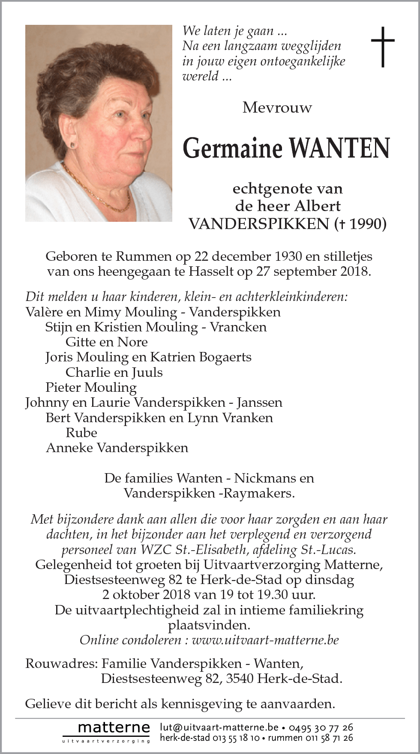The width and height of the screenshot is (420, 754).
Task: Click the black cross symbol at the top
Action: click(382, 47)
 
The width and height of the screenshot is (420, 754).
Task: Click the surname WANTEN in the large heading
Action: click(339, 148)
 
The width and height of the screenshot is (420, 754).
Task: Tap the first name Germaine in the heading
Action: click(233, 148)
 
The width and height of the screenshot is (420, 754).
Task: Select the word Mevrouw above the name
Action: click(277, 107)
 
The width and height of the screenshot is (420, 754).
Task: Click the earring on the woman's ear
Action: click(73, 145)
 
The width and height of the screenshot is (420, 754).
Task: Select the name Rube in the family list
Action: click(81, 432)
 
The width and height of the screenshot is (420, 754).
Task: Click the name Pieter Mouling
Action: click(91, 387)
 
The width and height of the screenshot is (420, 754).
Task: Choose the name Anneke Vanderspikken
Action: click(117, 448)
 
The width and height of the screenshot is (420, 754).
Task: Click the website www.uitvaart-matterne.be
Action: click(265, 640)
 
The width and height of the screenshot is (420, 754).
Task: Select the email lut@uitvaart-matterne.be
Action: click(219, 727)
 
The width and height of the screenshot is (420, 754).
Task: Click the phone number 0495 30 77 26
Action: click(321, 727)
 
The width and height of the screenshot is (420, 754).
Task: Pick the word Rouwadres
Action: click(60, 664)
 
